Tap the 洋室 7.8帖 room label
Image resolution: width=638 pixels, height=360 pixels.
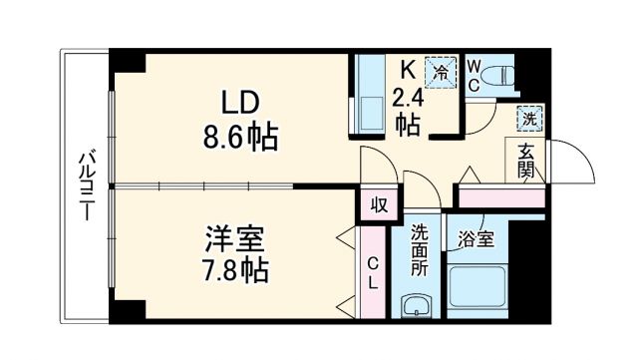pyautogui.click(x=237, y=253)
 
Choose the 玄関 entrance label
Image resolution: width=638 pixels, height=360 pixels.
pyautogui.click(x=526, y=160)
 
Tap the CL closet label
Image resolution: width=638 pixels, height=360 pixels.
pyautogui.click(x=372, y=271)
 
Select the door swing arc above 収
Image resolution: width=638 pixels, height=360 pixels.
pyautogui.click(x=379, y=165)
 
